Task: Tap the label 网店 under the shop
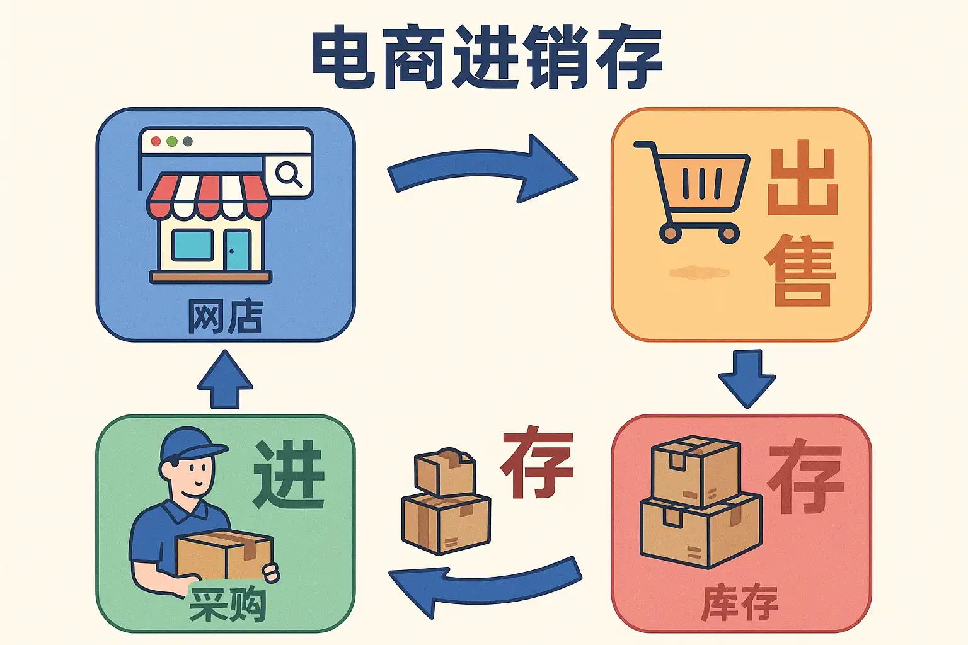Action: click(225, 316)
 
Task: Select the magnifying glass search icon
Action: click(289, 173)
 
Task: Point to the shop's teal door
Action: click(238, 250)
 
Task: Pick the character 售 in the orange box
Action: click(801, 271)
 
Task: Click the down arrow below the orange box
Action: click(747, 378)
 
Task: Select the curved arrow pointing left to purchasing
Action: click(485, 583)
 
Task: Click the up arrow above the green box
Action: click(225, 380)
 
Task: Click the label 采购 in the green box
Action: click(228, 605)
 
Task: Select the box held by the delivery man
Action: click(224, 555)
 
